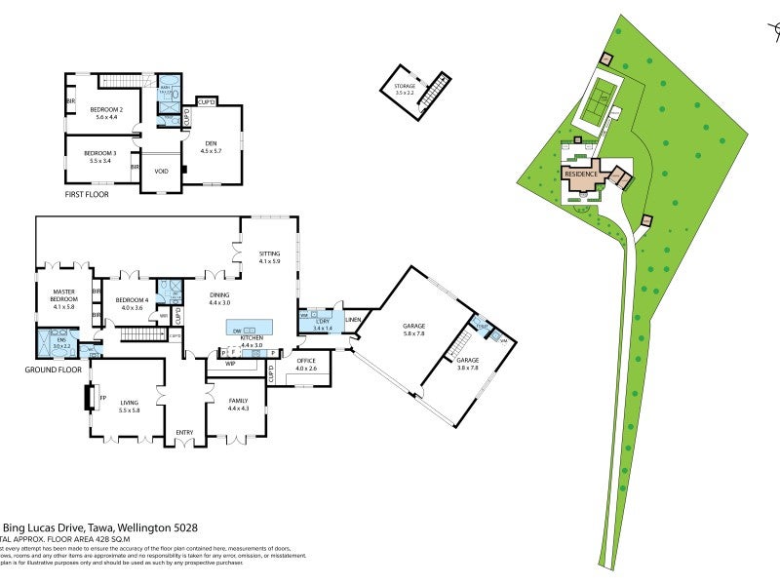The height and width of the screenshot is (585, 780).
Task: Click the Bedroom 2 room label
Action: tap(107, 110)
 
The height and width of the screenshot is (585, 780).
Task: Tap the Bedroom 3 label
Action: tap(100, 154)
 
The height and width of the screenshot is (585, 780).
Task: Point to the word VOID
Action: tap(162, 173)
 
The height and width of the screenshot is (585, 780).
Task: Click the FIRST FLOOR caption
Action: tap(87, 195)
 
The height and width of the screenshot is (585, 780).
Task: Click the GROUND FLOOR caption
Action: tap(55, 370)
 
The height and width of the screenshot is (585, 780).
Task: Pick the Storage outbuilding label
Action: tap(405, 87)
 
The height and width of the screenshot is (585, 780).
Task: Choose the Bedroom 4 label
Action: tap(132, 300)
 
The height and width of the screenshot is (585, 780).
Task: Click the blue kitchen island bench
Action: tap(250, 327)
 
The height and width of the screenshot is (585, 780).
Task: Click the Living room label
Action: tap(129, 403)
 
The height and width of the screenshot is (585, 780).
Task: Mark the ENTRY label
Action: tap(184, 433)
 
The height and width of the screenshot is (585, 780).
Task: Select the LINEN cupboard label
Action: tap(352, 320)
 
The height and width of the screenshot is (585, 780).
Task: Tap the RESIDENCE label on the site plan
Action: tap(582, 174)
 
